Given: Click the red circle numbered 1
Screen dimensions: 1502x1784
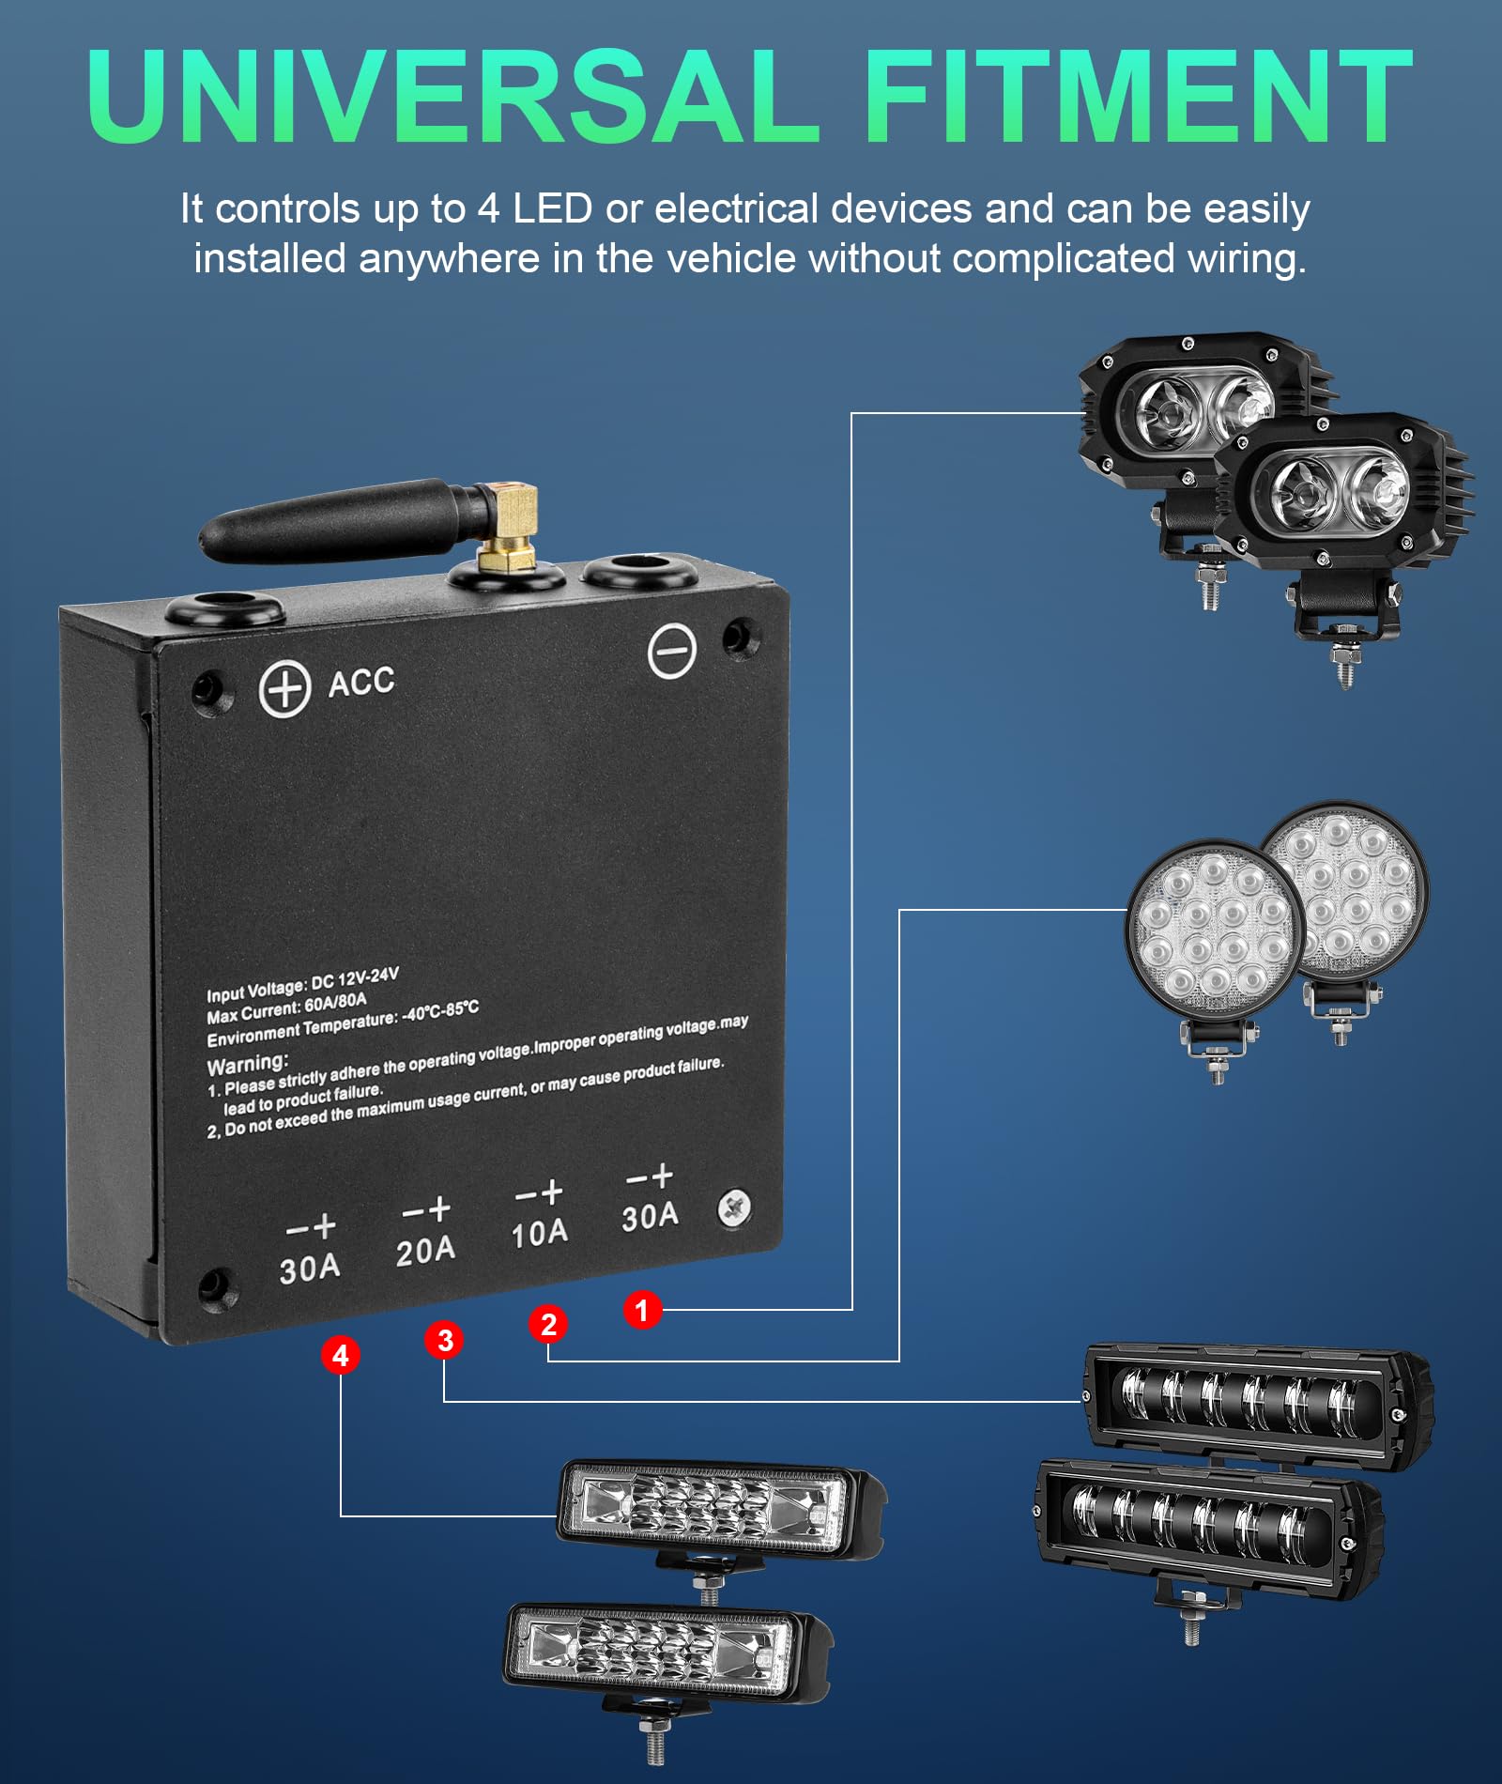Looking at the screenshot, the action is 642,1309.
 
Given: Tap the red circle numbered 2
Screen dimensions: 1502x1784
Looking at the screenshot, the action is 548,1324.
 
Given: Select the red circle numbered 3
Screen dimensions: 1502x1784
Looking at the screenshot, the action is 445,1340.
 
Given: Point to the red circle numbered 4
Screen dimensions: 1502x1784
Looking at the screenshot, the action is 340,1355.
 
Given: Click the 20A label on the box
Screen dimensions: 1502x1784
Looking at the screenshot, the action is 425,1251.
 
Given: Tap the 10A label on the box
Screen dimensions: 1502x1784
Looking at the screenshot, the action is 539,1233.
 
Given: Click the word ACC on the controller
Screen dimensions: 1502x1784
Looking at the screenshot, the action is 361,682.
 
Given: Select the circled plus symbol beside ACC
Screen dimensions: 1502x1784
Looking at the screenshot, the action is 284,688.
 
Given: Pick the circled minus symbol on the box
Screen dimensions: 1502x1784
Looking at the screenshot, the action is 672,650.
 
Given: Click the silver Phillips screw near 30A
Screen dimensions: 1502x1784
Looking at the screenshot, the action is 734,1207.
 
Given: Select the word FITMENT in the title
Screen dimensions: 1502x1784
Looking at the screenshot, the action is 1137,97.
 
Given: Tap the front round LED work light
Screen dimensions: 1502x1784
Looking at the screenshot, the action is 1215,930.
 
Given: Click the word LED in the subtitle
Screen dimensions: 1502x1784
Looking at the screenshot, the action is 552,208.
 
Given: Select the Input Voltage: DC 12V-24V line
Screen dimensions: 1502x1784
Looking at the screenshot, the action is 302,985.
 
